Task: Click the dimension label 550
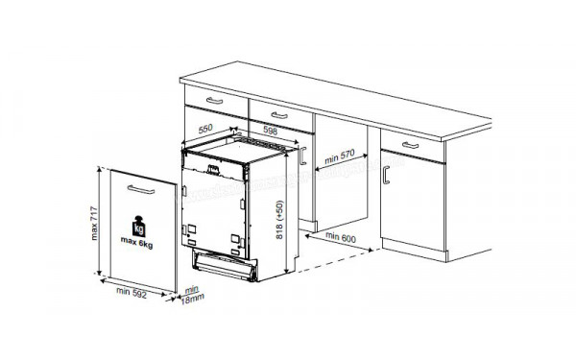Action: (204, 127)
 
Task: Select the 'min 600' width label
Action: (339, 236)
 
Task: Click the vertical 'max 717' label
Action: (94, 226)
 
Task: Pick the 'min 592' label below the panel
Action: (134, 291)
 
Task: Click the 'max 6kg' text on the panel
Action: (140, 245)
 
